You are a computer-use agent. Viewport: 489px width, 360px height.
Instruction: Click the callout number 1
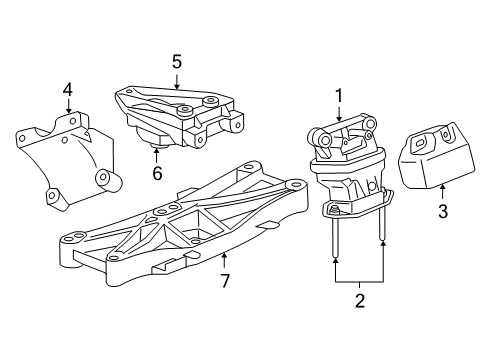pyautogui.click(x=339, y=96)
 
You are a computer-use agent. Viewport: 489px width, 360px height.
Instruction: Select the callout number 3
pyautogui.click(x=443, y=212)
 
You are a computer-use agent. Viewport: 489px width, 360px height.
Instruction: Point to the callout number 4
pyautogui.click(x=67, y=90)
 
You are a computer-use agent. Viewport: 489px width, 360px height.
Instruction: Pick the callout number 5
pyautogui.click(x=176, y=62)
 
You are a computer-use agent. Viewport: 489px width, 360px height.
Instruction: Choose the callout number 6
pyautogui.click(x=156, y=173)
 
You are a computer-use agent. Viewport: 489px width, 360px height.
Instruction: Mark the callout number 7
pyautogui.click(x=225, y=282)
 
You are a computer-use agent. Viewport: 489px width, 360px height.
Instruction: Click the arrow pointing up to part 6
pyautogui.click(x=156, y=155)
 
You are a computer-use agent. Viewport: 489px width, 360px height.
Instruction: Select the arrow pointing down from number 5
pyautogui.click(x=176, y=82)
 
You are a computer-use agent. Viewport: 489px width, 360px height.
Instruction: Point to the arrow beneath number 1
pyautogui.click(x=339, y=114)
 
